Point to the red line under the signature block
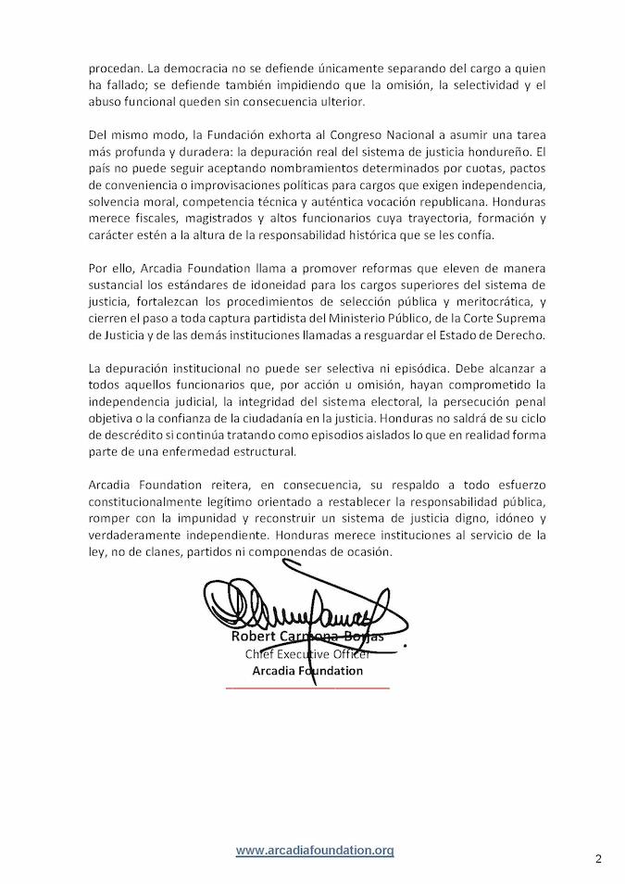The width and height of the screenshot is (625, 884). pos(307,688)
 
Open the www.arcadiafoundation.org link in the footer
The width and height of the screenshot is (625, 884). pos(315,850)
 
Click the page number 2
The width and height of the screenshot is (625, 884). pos(598,859)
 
